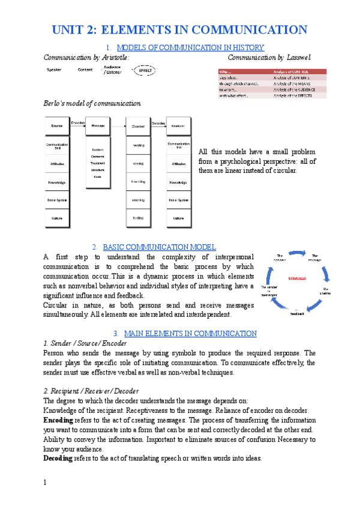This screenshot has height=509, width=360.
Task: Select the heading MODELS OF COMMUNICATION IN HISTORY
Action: pos(190,47)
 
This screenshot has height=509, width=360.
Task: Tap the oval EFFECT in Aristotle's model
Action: pos(145,70)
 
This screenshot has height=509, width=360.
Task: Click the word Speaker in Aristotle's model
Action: pos(54,70)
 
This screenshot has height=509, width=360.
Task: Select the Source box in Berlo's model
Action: pos(58,126)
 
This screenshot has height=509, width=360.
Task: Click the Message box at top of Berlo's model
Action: pos(98,126)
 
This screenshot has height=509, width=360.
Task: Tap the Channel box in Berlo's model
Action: pos(137,126)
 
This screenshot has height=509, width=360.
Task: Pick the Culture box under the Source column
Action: pos(58,218)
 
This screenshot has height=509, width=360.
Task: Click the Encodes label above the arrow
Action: pos(78,122)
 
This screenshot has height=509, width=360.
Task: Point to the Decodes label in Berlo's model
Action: pos(158,122)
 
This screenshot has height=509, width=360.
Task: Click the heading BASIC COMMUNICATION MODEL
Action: pos(160,247)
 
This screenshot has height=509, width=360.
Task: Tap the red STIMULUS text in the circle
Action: pos(296,279)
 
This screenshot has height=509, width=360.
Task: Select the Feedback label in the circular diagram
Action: pos(298,313)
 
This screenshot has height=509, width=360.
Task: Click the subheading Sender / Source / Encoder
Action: pos(85,343)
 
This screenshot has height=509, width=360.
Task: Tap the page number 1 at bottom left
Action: pos(46,482)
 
